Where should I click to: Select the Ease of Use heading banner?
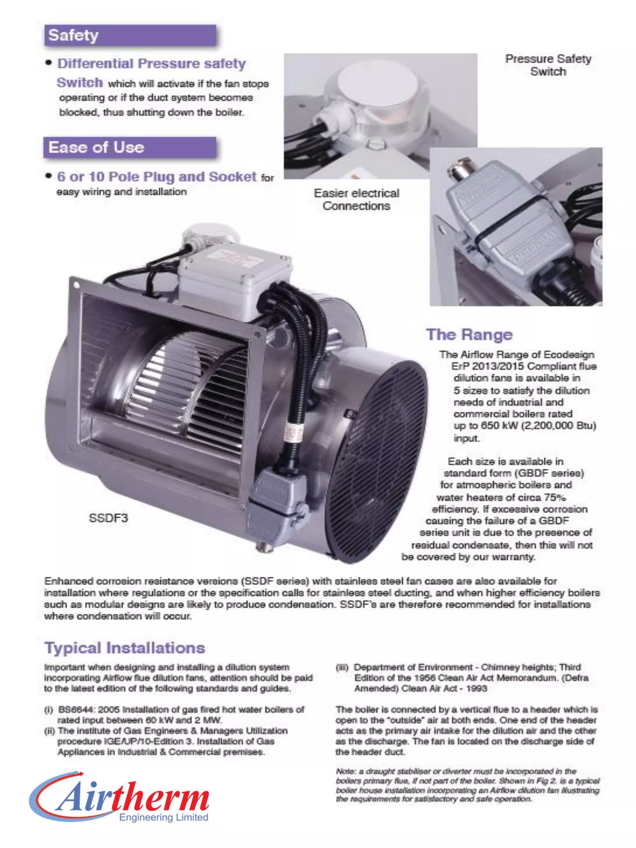(x=129, y=147)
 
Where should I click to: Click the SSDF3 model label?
(x=108, y=518)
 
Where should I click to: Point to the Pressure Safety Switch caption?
(x=548, y=65)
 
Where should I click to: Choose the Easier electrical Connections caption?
(x=356, y=199)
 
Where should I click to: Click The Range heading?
(x=469, y=334)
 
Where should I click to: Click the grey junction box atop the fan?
(x=235, y=276)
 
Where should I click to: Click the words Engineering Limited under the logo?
(x=164, y=818)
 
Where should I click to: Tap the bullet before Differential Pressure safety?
(x=48, y=63)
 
